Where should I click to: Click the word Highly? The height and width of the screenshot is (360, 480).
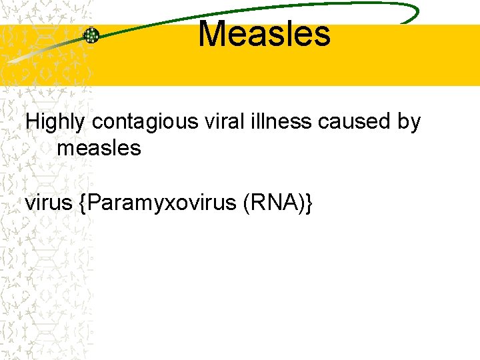pyautogui.click(x=55, y=122)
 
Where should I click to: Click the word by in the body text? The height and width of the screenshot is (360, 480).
pyautogui.click(x=407, y=123)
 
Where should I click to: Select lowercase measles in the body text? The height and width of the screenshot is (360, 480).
pyautogui.click(x=99, y=147)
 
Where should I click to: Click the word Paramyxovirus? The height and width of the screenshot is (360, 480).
pyautogui.click(x=160, y=203)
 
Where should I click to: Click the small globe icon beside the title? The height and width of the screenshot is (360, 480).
pyautogui.click(x=91, y=35)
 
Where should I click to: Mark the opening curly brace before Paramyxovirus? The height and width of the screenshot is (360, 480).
pyautogui.click(x=81, y=203)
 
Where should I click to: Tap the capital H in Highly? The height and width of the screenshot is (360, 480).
pyautogui.click(x=32, y=121)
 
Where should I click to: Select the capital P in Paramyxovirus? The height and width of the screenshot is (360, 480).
pyautogui.click(x=93, y=203)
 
